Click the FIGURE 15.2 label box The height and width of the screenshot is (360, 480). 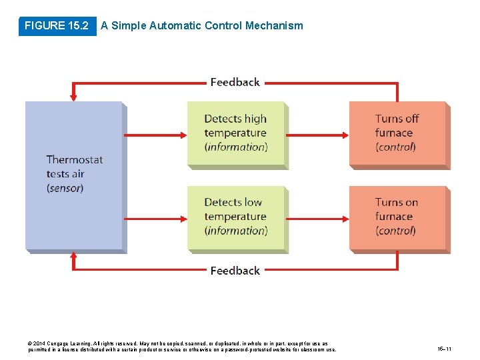coord(56,26)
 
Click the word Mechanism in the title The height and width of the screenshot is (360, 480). coord(274,26)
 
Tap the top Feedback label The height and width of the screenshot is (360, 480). coord(235,82)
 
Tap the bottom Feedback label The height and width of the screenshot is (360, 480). coord(235,271)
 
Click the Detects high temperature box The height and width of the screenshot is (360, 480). coord(236,133)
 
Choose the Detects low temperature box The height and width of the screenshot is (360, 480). coord(236,217)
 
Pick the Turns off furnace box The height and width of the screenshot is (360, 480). coord(397,133)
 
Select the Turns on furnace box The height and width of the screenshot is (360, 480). coord(397,217)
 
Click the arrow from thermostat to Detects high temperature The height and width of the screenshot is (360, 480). coord(156,134)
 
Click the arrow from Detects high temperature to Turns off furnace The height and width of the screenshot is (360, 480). coord(318,134)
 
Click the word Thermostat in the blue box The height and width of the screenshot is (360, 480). coord(75,160)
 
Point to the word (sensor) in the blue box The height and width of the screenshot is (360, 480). coord(65,189)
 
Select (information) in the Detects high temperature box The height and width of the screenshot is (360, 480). coord(236,147)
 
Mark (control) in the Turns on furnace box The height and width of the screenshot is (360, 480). coord(395,231)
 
